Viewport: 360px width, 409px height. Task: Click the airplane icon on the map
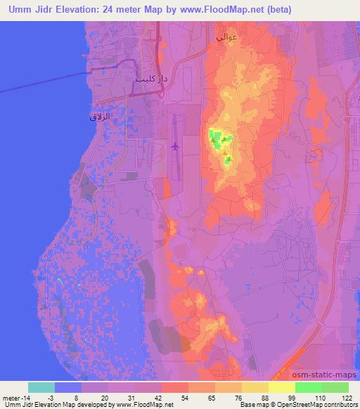tap(175, 147)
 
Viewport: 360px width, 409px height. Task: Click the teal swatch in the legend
tap(41, 387)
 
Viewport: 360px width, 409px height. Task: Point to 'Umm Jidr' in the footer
tap(17, 405)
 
